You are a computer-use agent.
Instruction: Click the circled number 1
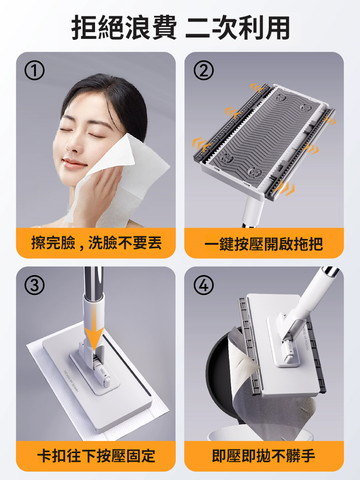click(x=36, y=72)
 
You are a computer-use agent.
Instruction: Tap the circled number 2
click(x=204, y=72)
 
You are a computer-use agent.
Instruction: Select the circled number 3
click(x=36, y=286)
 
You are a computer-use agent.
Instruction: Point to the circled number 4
click(x=204, y=286)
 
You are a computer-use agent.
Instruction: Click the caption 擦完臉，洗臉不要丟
click(x=96, y=243)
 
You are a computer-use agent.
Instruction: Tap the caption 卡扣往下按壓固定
click(x=96, y=455)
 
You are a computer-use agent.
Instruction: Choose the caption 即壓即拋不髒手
click(x=264, y=455)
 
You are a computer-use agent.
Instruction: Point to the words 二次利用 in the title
click(x=237, y=28)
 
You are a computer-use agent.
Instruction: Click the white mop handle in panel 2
click(x=252, y=209)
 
